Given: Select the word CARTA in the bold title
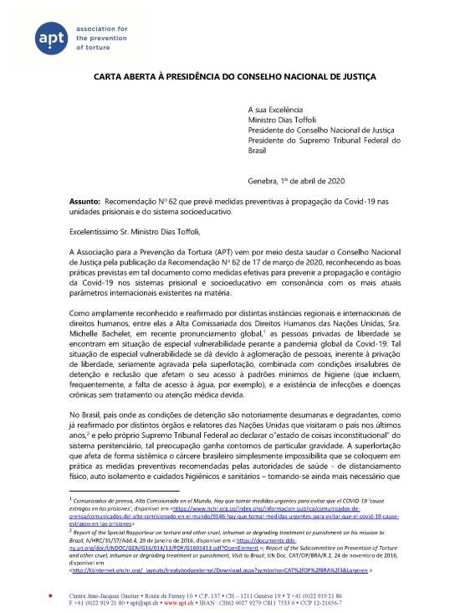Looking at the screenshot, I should pos(109,76).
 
